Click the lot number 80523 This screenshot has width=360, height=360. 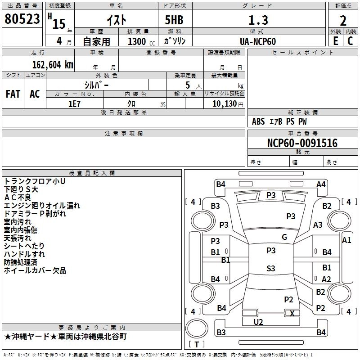pos(22,19)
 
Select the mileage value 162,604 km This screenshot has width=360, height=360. pos(53,65)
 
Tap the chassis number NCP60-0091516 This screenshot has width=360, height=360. pos(302,143)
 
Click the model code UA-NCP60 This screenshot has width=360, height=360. pos(257,41)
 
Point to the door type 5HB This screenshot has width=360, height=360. pos(174,20)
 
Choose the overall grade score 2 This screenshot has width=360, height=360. pos(343,21)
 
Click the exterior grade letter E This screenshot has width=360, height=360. pos(335,41)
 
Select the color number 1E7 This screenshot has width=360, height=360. pos(74,104)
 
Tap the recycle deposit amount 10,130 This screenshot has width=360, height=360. pos(224,104)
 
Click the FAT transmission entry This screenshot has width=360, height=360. pos(13,94)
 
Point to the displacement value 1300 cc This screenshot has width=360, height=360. pos(141,41)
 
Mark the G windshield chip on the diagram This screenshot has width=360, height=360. pos(284,237)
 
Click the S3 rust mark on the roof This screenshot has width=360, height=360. pos(271,268)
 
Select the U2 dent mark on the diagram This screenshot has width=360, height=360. pos(258,322)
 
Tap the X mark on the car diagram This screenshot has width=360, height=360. pos(292,313)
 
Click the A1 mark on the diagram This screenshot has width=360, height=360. pos(346,240)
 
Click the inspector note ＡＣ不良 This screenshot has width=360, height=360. pos(18,198)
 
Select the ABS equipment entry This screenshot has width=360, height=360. pos(258,121)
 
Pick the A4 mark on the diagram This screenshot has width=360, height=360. pos(321,184)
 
